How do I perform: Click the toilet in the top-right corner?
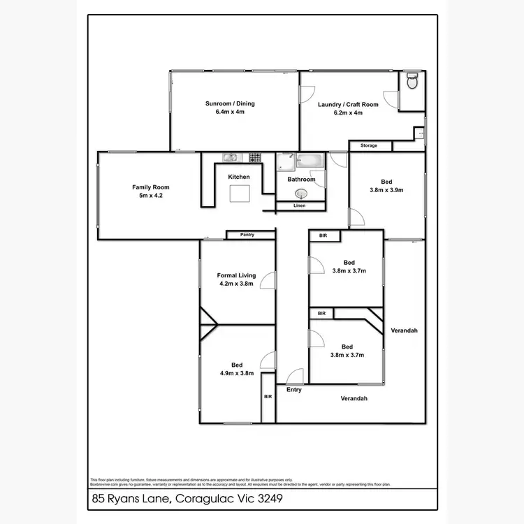pos(412,82)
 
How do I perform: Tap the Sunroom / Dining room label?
pos(230,103)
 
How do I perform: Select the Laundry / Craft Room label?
pos(348,105)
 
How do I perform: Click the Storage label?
pos(369,145)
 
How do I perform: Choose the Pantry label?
pos(247,235)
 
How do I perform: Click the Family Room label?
pos(151,187)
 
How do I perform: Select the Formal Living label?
pos(236,275)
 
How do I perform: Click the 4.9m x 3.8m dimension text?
pos(237,373)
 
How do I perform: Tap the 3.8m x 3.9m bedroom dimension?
pos(386,189)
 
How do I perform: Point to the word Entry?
pos(294,390)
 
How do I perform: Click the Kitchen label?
pos(239,177)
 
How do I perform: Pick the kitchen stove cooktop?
pos(256,157)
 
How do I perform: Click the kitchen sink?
pos(231,157)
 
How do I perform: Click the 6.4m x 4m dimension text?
pos(230,112)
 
